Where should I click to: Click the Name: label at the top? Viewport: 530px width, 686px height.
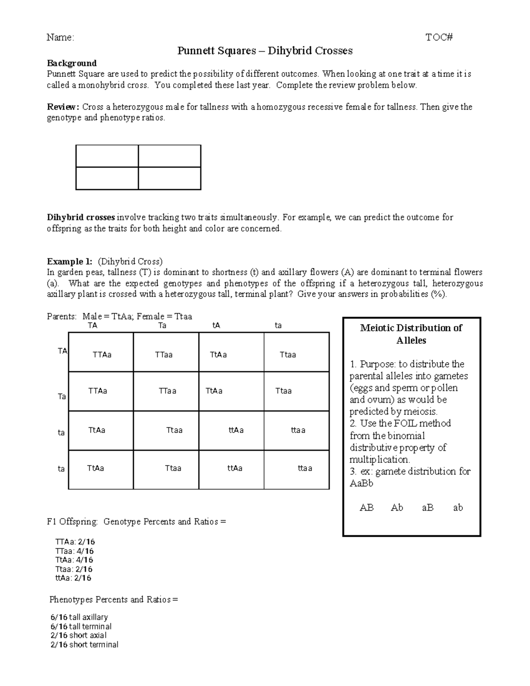[x=60, y=38]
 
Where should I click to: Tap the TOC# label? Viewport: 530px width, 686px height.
[x=439, y=38]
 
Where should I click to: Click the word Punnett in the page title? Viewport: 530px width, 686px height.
[x=195, y=51]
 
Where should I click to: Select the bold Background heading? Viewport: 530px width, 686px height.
[x=72, y=63]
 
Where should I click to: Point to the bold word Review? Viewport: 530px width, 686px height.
[x=63, y=107]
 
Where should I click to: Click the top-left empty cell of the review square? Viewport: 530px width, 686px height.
[x=107, y=156]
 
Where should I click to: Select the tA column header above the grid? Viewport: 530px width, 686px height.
[x=216, y=326]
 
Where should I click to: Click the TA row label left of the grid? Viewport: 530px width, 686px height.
[x=63, y=351]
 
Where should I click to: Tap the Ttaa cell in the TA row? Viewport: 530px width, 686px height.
[x=288, y=355]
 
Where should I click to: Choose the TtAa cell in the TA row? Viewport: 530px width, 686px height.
[x=218, y=355]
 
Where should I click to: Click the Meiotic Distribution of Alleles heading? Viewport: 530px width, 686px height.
[x=411, y=334]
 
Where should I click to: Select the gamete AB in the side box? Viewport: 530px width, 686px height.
[x=367, y=508]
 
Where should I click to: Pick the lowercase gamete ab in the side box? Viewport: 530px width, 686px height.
[x=458, y=508]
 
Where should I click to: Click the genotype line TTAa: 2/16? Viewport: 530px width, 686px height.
[x=75, y=542]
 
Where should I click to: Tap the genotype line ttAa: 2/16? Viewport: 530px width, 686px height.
[x=73, y=578]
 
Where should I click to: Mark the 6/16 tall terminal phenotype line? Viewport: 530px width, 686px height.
[x=81, y=626]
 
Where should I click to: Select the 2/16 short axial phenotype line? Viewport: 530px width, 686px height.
[x=79, y=636]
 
